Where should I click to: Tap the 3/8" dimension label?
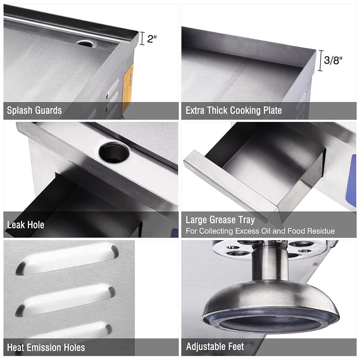click(x=333, y=60)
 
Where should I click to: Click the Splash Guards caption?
click(x=34, y=110)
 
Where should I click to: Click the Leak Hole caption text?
click(x=26, y=225)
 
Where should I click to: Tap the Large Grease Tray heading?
click(x=220, y=220)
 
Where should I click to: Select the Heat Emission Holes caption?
click(x=46, y=347)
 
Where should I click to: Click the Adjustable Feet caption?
click(x=215, y=347)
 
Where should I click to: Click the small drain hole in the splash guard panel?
click(x=86, y=43)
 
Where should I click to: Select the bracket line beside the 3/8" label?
click(x=320, y=60)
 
